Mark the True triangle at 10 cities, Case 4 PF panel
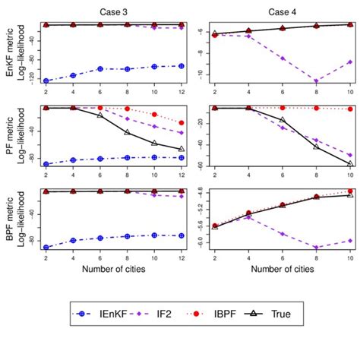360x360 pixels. [x=350, y=163]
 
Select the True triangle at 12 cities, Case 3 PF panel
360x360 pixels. [x=181, y=149]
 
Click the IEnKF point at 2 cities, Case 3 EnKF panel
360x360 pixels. [x=46, y=81]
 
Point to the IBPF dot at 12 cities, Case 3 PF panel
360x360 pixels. [x=181, y=122]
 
